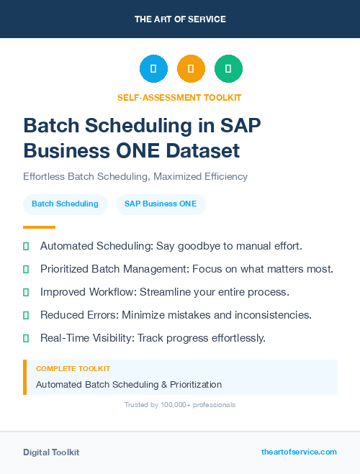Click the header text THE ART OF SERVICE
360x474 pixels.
[179, 19]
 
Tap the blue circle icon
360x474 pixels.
[153, 69]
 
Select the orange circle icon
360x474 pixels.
[191, 69]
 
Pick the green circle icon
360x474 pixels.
[228, 69]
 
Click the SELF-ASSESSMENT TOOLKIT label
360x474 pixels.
[179, 97]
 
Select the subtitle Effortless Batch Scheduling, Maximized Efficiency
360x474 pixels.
[135, 176]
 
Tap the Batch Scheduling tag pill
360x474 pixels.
[65, 204]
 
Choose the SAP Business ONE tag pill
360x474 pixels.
[161, 204]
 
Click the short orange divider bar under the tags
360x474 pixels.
[39, 227]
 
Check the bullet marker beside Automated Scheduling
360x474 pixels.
[27, 246]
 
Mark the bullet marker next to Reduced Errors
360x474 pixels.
[27, 315]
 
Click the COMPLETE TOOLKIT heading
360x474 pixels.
[73, 368]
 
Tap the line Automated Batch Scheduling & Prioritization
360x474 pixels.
[129, 385]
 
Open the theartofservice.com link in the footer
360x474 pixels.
[299, 452]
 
